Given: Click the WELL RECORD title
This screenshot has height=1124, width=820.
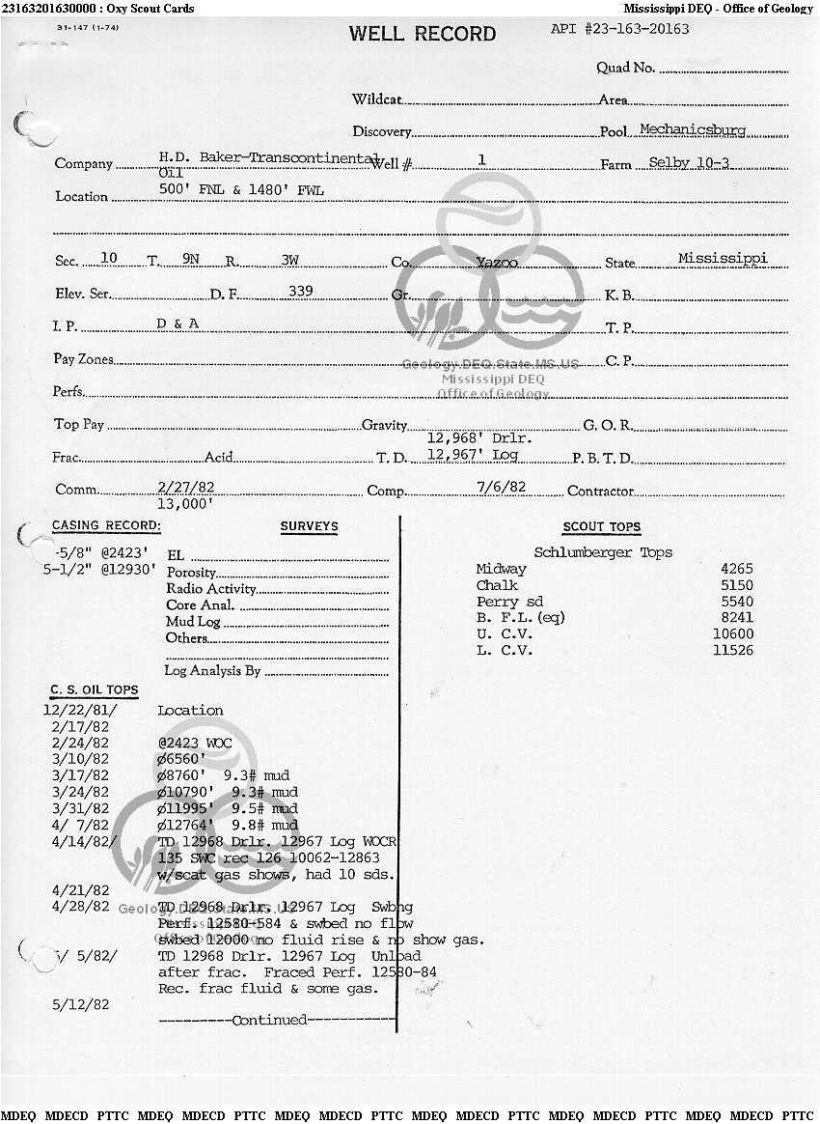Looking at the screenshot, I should (423, 34).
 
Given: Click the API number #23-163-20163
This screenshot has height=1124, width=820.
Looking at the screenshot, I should (620, 29).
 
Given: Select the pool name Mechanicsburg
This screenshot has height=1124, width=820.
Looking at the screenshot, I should (693, 129).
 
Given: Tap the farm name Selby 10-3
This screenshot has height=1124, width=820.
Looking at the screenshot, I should (689, 162).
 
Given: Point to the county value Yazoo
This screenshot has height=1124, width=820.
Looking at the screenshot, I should (497, 262).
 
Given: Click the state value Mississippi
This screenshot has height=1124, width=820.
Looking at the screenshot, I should (723, 258).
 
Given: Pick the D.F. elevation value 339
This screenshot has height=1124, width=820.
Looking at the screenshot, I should (303, 291).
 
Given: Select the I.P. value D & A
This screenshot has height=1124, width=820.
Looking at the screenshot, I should (178, 323).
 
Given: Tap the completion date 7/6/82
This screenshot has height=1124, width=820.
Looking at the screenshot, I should (502, 487).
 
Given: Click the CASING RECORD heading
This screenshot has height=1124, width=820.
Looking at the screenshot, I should (106, 526).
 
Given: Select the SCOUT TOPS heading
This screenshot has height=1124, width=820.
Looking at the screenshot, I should (602, 527).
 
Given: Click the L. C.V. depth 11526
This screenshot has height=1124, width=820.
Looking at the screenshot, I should (732, 651).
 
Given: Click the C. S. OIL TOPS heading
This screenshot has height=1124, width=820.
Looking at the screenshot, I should (95, 690).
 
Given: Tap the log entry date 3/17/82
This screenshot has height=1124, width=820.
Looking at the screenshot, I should (81, 775).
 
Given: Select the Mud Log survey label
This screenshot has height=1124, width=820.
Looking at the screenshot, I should (193, 622).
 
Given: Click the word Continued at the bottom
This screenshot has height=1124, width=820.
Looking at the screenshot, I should (270, 1020).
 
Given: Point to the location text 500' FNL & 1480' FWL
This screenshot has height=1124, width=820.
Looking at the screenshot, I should (241, 190).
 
